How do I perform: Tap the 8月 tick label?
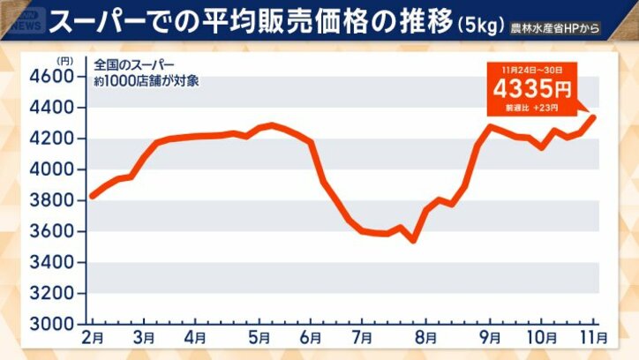point(425,337)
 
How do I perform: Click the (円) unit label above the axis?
point(63,61)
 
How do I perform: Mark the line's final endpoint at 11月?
point(593,117)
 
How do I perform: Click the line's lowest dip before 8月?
point(412,240)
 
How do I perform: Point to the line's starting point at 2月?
point(92,196)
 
